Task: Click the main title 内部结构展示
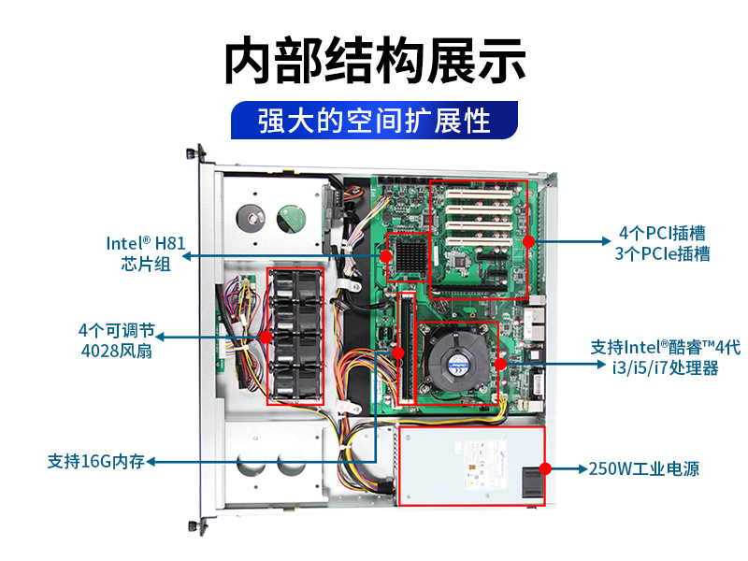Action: coord(375,61)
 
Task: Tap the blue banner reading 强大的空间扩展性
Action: coord(375,121)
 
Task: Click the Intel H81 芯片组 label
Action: coord(146,253)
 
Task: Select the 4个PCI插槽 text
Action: coord(662,233)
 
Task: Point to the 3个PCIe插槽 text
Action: coord(662,253)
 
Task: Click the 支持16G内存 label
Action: coord(96,461)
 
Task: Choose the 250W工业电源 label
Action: coord(644,468)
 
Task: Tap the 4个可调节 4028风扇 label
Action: coord(117,340)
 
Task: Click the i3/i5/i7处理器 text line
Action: coord(666,367)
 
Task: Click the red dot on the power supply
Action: coord(545,468)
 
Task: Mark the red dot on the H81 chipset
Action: coord(386,256)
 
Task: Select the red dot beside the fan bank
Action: coord(266,338)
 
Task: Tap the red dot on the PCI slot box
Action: coord(528,241)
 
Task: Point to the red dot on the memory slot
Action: coord(398,353)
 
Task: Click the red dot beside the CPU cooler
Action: coord(500,364)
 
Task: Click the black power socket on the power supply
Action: coord(532,482)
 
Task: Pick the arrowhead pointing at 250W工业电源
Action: coord(583,468)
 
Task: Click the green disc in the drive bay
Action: coord(292,219)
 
